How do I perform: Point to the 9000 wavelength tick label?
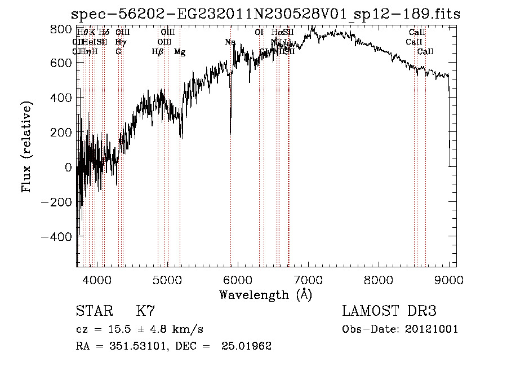click(448, 280)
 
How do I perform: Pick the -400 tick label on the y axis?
click(56, 237)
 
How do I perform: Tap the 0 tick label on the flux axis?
click(68, 167)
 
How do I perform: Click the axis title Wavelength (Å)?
click(265, 294)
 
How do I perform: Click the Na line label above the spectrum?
click(230, 42)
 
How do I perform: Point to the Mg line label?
click(180, 52)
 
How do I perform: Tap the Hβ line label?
click(158, 52)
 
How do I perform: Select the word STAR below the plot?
click(94, 311)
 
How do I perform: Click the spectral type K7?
click(145, 311)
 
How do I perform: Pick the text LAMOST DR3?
click(389, 311)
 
